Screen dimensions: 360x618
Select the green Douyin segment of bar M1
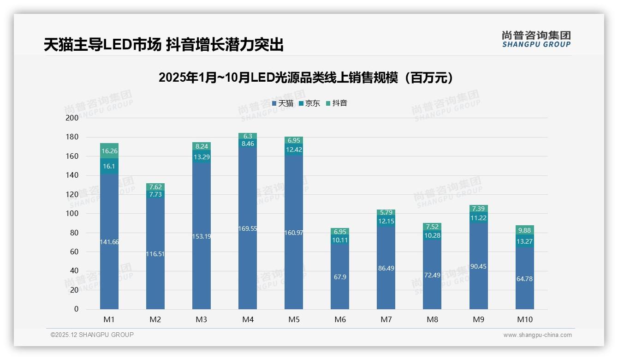point(109,150)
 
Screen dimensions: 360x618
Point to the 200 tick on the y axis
point(73,118)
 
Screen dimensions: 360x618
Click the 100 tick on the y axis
point(73,214)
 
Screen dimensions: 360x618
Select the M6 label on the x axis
point(340,319)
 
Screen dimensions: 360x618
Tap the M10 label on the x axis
point(524,319)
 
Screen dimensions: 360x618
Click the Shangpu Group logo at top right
point(536,39)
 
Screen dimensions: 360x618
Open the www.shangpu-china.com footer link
point(537,335)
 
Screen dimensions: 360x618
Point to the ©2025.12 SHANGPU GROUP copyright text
point(92,335)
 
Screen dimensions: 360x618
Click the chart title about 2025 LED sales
point(306,78)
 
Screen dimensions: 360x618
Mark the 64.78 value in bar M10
point(524,279)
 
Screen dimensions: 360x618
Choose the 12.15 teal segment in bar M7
point(386,221)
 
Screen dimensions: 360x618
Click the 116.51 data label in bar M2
point(155,254)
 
